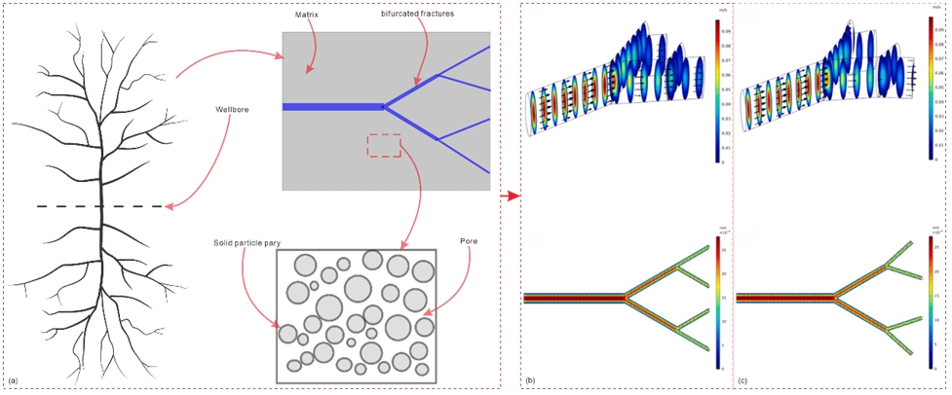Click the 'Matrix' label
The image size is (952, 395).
pyautogui.click(x=309, y=16)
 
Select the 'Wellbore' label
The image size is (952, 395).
pyautogui.click(x=222, y=109)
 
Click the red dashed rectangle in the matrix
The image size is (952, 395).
pyautogui.click(x=383, y=145)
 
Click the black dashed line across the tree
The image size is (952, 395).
pyautogui.click(x=97, y=206)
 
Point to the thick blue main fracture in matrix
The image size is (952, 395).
pyautogui.click(x=331, y=106)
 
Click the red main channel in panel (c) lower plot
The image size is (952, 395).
pyautogui.click(x=784, y=297)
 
